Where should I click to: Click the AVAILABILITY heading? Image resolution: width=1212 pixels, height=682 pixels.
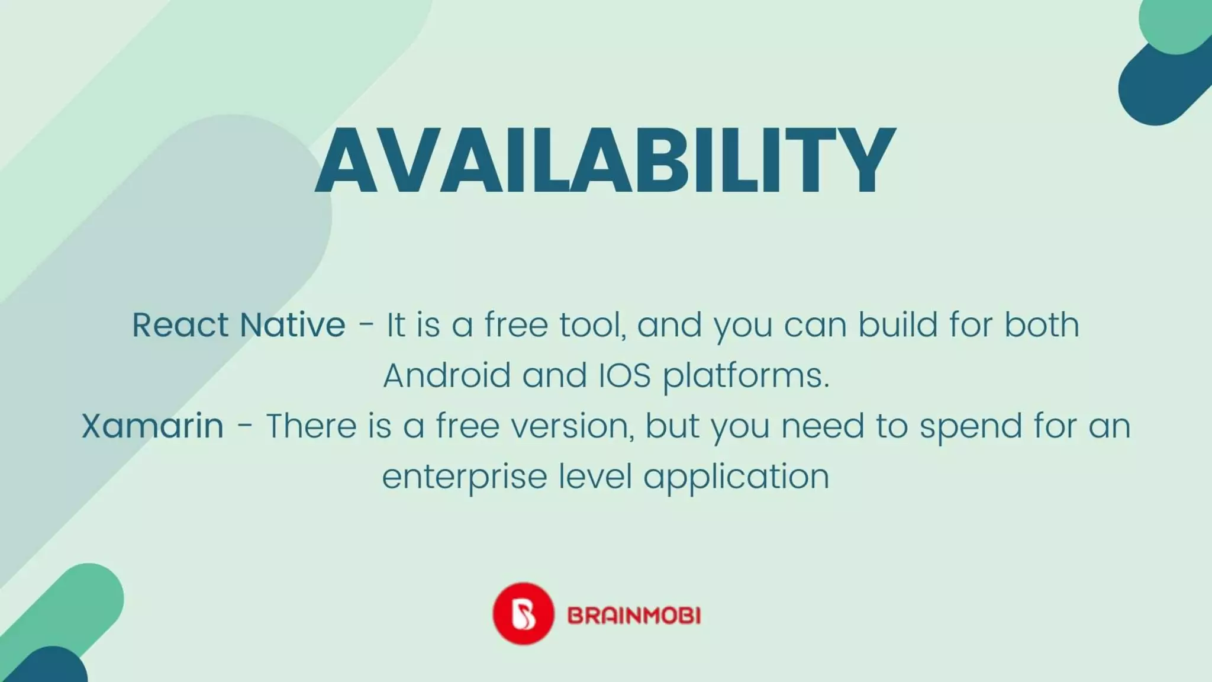coord(605,160)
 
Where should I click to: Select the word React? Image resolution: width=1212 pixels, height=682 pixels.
coord(179,325)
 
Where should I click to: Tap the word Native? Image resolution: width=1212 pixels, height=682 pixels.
coord(292,325)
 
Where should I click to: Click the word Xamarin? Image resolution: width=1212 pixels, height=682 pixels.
coord(153,426)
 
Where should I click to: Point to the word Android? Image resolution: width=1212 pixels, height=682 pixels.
coord(447,375)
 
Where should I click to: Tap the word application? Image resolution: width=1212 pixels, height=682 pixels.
coord(736,477)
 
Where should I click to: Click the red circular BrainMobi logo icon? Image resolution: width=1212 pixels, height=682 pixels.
coord(523,614)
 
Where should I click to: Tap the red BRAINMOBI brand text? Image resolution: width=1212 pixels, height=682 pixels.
coord(634,616)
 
